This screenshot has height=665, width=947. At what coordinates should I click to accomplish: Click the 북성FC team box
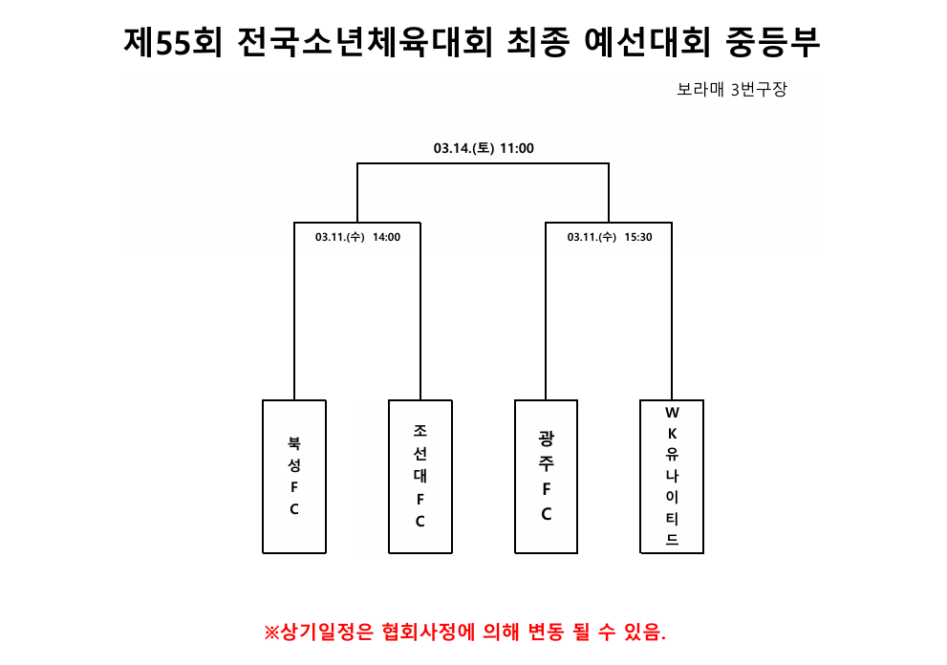coord(294,477)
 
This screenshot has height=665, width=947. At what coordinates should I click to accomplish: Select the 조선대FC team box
coord(420,477)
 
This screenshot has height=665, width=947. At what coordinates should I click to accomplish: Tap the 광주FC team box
coord(546,477)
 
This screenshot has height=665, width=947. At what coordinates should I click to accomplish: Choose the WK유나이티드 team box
coord(672,477)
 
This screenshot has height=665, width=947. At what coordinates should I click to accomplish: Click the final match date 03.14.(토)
coord(463,148)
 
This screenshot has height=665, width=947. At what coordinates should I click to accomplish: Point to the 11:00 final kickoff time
coord(517,148)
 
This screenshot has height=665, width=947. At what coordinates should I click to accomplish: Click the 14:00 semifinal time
coord(386,237)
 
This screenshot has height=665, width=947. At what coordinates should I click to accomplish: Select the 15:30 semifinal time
coord(638,237)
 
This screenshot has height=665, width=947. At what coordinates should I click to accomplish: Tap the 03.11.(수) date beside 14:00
coord(340,237)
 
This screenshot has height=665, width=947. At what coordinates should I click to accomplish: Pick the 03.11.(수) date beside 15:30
coord(592,237)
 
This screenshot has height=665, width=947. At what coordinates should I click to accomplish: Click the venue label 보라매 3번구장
coord(732,90)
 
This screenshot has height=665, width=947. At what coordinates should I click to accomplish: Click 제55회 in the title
coord(173,42)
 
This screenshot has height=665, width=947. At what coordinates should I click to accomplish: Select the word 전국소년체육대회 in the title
coord(365,42)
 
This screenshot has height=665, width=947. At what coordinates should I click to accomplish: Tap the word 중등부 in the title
coord(773,42)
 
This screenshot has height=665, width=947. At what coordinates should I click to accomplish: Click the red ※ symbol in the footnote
coord(271,633)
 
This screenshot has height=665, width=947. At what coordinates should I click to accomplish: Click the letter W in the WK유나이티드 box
coord(672,413)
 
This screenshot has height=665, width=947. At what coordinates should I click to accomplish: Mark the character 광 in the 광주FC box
coord(546,438)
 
